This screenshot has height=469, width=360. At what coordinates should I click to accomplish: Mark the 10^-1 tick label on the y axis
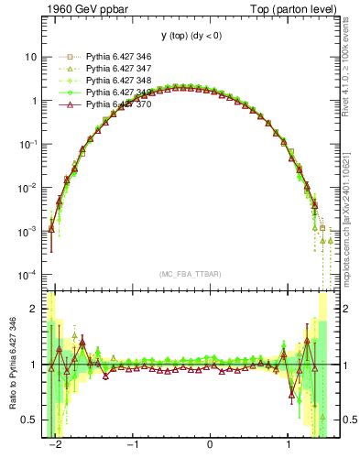(27, 144)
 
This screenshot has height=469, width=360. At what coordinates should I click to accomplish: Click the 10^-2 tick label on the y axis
(27, 188)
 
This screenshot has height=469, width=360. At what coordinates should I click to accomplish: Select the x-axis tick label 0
(211, 446)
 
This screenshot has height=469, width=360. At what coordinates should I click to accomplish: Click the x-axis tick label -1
(132, 446)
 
